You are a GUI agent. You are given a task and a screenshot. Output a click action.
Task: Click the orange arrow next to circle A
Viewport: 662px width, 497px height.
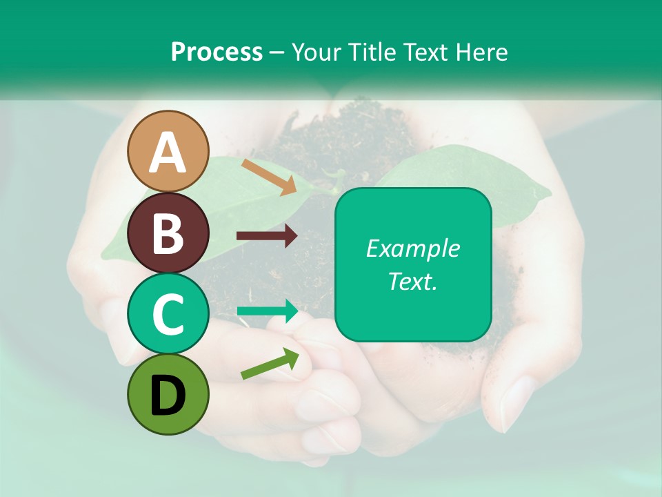[269, 177]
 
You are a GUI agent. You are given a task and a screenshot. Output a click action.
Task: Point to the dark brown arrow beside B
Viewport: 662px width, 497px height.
[267, 236]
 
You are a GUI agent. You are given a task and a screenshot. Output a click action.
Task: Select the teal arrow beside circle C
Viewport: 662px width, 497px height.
[268, 311]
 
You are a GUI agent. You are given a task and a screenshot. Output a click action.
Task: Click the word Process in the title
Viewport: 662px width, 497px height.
[217, 52]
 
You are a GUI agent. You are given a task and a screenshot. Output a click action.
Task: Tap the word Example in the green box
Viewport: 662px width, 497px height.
[412, 248]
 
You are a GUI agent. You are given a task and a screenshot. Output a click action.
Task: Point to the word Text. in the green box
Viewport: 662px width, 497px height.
[412, 281]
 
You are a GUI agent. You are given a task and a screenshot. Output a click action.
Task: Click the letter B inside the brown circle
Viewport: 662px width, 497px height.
[168, 233]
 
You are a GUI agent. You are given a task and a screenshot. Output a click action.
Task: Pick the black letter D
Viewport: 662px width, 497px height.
[168, 396]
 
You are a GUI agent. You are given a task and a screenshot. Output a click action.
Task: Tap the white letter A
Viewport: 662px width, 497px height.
[168, 152]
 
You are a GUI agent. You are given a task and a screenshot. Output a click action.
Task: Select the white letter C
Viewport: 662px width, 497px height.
[168, 314]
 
